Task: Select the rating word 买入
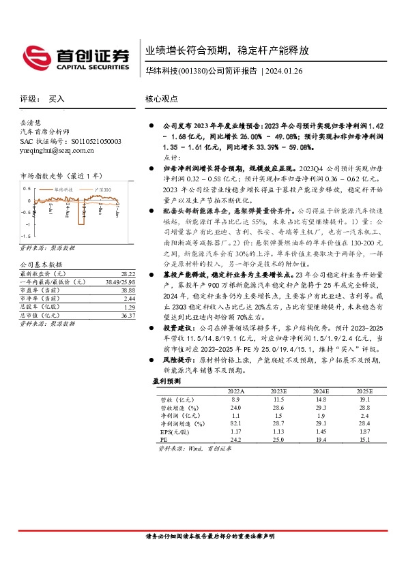pos(57,99)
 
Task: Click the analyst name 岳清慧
pos(31,121)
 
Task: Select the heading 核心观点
pos(161,99)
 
